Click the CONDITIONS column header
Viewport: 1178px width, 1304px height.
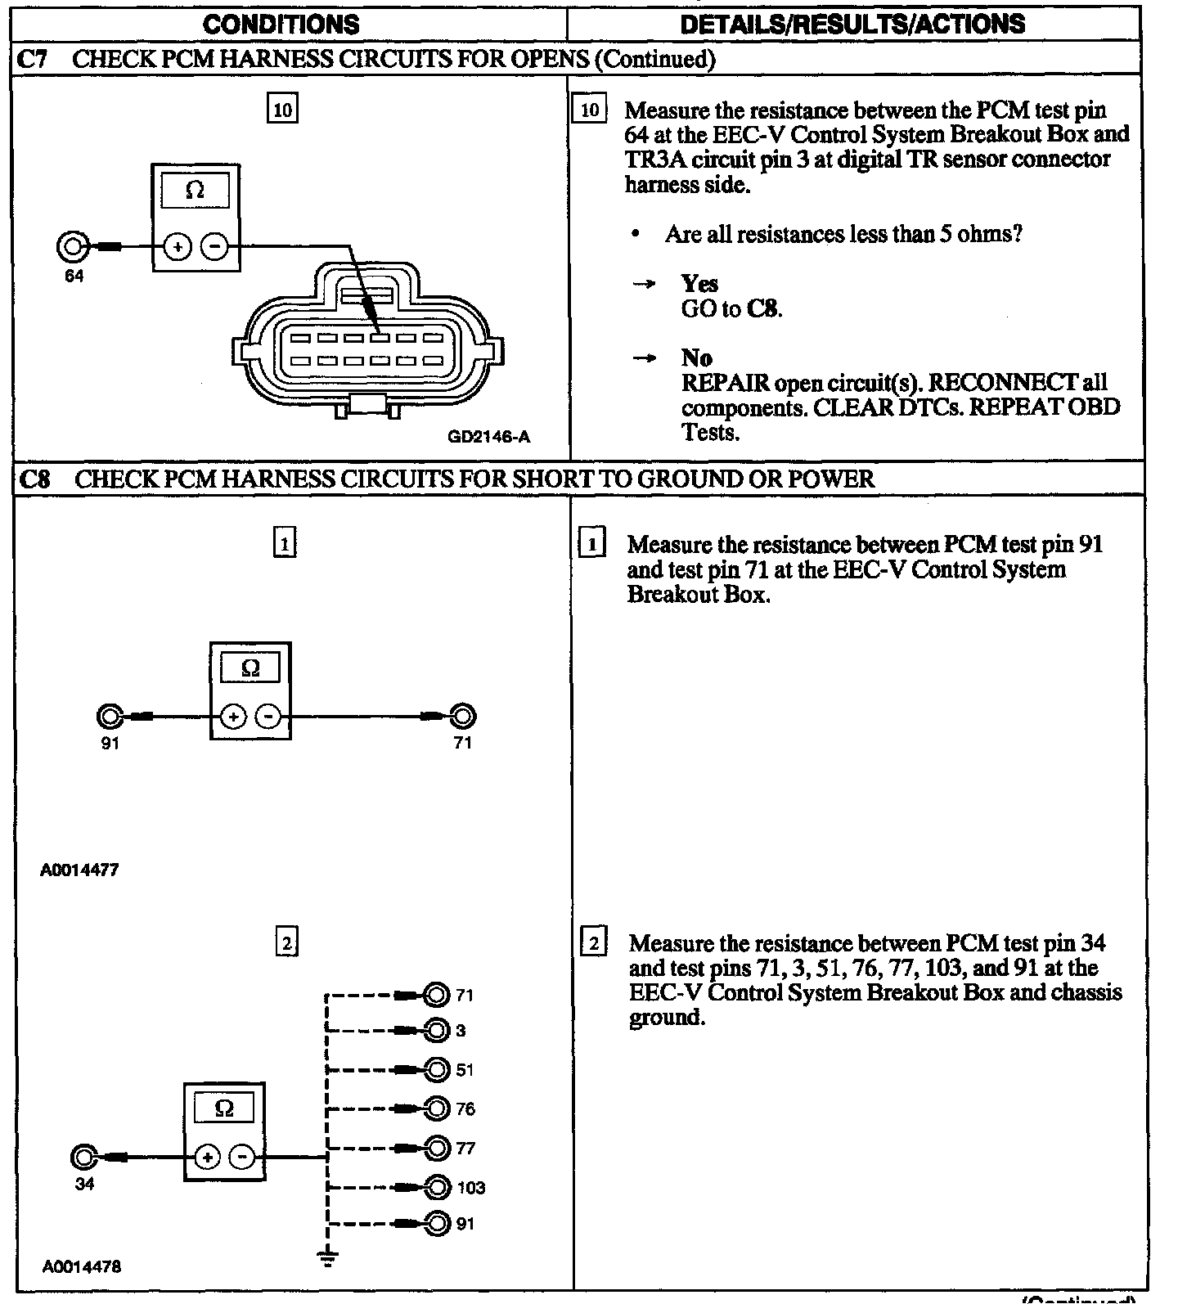pyautogui.click(x=281, y=25)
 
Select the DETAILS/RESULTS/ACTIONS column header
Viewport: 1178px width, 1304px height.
pyautogui.click(x=852, y=25)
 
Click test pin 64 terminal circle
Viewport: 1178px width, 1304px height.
pyautogui.click(x=71, y=245)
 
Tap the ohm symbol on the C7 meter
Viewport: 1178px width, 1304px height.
pyautogui.click(x=196, y=191)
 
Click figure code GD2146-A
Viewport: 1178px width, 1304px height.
pyautogui.click(x=488, y=437)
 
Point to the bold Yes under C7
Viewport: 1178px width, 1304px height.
pyautogui.click(x=699, y=284)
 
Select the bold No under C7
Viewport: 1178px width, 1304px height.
pyautogui.click(x=696, y=357)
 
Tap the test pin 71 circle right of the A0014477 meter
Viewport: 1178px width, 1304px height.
pyautogui.click(x=463, y=717)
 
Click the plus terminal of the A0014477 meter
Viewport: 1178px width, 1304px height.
pyautogui.click(x=233, y=717)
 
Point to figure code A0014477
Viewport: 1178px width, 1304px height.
pyautogui.click(x=79, y=870)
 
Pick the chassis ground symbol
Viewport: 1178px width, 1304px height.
pyautogui.click(x=327, y=1258)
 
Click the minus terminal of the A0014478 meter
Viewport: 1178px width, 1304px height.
pyautogui.click(x=241, y=1157)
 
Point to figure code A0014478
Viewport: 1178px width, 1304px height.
pyautogui.click(x=82, y=1267)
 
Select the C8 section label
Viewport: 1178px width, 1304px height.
pyautogui.click(x=34, y=479)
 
